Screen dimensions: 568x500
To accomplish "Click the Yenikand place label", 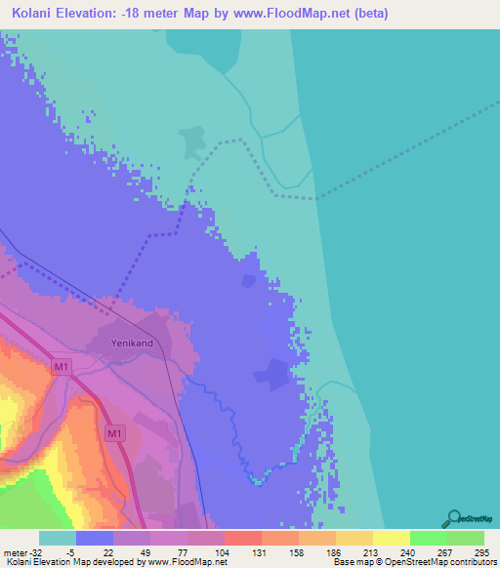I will coord(134,344).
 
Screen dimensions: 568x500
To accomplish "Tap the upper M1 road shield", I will coord(62,367).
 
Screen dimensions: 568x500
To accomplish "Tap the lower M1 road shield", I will coord(114,433).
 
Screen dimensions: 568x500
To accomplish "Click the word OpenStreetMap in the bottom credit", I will coord(405,561).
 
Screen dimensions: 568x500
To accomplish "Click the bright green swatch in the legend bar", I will coord(428,539).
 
